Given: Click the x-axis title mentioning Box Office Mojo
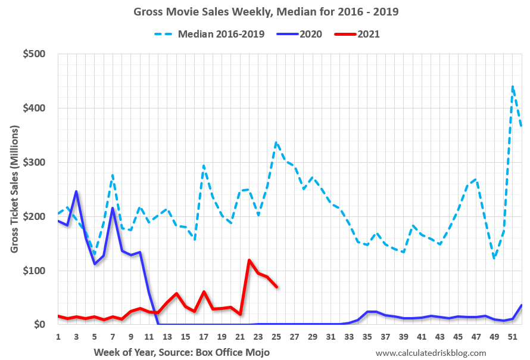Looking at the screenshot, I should click(x=182, y=352).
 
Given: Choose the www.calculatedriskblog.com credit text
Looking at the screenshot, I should click(x=431, y=352).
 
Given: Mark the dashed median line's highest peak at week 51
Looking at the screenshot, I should click(x=513, y=86).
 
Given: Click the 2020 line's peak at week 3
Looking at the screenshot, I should click(x=76, y=191).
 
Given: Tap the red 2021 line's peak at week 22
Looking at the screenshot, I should click(x=249, y=260).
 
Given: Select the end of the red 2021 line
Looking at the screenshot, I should click(x=276, y=287).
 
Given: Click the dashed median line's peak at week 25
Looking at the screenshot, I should click(x=276, y=142).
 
